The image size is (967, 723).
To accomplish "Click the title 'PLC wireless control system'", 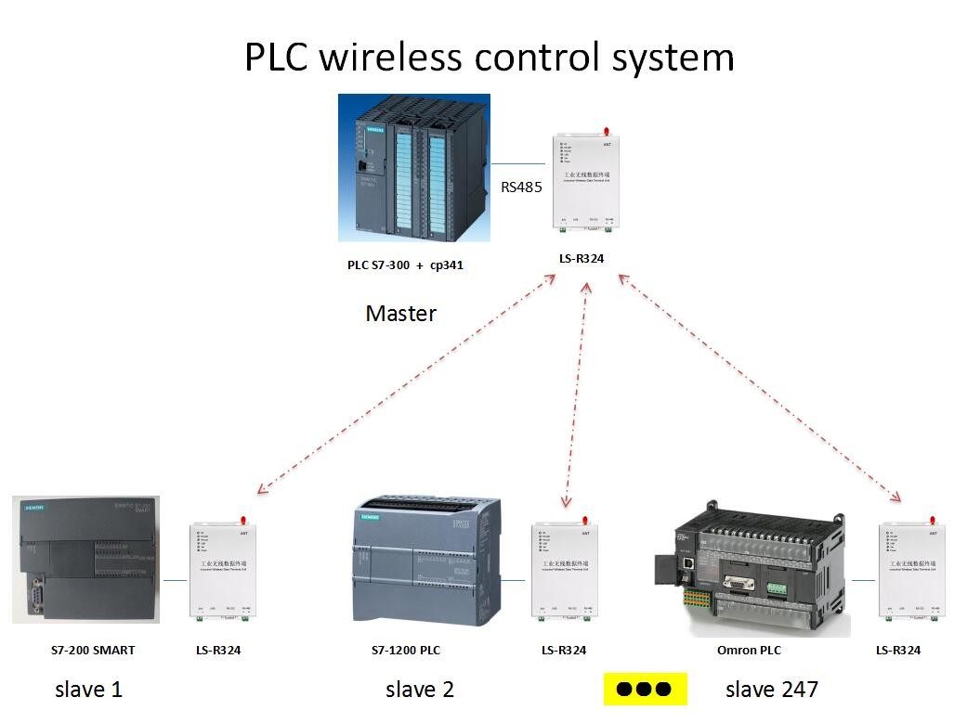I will click(489, 58).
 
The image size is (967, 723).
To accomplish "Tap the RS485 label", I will click(521, 187).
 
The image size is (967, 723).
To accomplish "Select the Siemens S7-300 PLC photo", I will click(413, 168).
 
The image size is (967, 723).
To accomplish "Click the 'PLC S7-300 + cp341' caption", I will click(405, 265).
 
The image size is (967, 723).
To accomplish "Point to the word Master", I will click(400, 314).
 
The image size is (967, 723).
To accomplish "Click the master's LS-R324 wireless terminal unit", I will click(586, 183).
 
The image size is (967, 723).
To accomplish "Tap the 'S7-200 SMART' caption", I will click(93, 651).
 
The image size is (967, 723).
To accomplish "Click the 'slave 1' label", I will click(88, 690).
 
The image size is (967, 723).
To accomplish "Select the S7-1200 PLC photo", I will click(426, 562).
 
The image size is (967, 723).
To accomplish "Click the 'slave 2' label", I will click(420, 690).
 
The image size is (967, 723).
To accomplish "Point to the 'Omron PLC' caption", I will click(750, 651).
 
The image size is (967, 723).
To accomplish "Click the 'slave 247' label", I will click(772, 690).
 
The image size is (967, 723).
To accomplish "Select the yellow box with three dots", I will click(644, 690).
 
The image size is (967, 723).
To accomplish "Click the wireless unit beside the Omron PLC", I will click(911, 571).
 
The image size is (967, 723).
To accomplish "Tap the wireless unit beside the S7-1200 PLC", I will click(564, 571).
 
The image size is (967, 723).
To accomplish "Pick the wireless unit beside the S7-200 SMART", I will click(222, 571).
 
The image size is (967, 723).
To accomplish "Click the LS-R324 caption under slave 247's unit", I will click(898, 651).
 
